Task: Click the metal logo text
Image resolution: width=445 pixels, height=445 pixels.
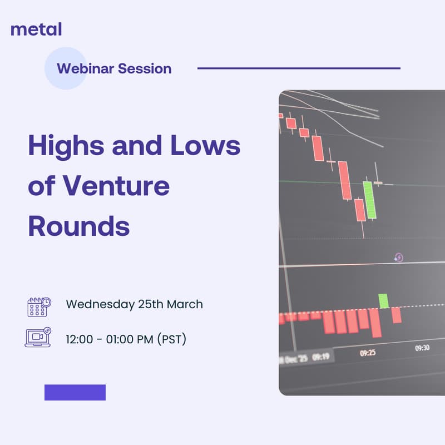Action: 36,29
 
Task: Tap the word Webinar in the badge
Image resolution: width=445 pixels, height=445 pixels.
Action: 84,69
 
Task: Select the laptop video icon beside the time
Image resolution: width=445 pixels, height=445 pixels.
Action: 38,338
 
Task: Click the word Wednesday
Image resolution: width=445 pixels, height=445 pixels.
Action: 100,305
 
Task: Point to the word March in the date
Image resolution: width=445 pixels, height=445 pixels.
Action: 185,305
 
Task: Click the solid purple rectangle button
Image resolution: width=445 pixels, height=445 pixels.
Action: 75,392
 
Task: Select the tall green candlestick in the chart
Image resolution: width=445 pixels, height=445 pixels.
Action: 369,199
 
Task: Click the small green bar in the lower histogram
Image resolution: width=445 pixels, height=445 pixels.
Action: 383,300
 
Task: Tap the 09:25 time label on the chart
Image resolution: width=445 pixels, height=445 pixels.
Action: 368,353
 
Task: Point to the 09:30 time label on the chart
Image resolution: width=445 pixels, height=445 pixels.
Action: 422,348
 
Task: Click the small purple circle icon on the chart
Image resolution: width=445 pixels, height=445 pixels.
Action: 398,258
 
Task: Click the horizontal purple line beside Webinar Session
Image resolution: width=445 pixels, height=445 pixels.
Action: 299,68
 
